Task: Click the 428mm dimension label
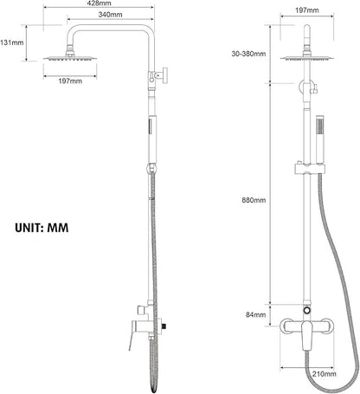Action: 99,3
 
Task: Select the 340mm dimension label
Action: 110,15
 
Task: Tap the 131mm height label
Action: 12,42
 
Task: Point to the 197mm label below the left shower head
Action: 70,81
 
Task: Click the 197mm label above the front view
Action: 307,10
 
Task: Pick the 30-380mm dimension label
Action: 248,54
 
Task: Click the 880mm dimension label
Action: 254,200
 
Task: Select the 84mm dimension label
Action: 256,314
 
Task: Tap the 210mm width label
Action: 325,374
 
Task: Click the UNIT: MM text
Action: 42,228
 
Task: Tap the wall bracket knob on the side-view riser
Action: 164,75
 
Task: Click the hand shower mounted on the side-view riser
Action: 152,139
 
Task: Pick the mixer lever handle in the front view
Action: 306,336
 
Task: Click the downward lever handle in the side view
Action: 132,335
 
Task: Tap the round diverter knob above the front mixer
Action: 307,311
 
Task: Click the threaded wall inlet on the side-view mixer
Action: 164,326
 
